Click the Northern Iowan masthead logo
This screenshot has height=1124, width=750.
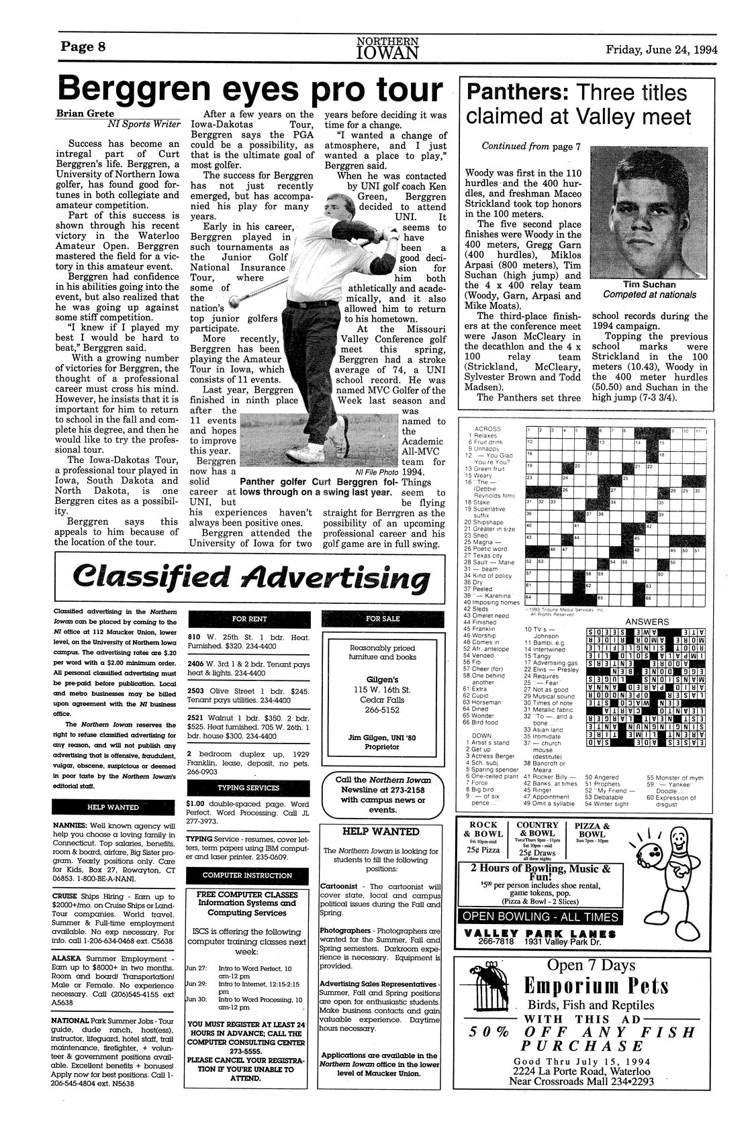tap(388, 47)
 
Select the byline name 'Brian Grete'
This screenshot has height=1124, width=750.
tap(84, 114)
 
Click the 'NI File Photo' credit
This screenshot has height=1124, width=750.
tap(371, 471)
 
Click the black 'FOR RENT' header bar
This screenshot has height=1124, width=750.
tap(248, 618)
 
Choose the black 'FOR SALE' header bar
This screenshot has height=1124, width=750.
tap(382, 618)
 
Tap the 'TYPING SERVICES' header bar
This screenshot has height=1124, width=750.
tap(248, 787)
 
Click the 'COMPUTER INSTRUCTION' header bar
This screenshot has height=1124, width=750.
tap(248, 875)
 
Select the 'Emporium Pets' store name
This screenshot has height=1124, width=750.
tap(596, 986)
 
